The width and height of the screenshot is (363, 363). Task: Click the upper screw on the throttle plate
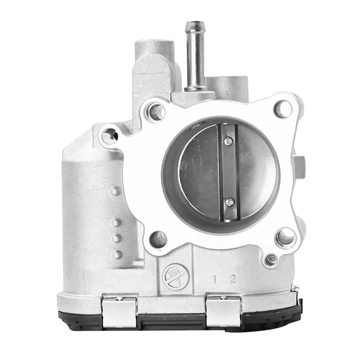(229, 142)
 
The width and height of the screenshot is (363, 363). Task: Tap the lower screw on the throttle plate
(230, 202)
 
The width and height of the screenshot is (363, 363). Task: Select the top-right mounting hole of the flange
(283, 109)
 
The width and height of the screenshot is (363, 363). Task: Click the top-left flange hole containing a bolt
(156, 112)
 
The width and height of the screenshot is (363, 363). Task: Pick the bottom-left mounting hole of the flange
(158, 239)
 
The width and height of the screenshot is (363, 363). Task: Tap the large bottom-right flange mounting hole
(285, 236)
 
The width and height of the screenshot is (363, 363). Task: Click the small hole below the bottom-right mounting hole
(271, 260)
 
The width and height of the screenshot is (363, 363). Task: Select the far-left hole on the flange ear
(110, 136)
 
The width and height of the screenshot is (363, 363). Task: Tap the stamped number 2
(232, 279)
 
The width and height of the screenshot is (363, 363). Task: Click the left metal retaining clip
(119, 312)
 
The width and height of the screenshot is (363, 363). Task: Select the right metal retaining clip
(223, 312)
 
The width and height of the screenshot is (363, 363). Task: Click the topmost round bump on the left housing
(116, 191)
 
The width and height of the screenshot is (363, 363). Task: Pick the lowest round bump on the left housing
(117, 254)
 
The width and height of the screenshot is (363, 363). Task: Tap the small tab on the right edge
(299, 167)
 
